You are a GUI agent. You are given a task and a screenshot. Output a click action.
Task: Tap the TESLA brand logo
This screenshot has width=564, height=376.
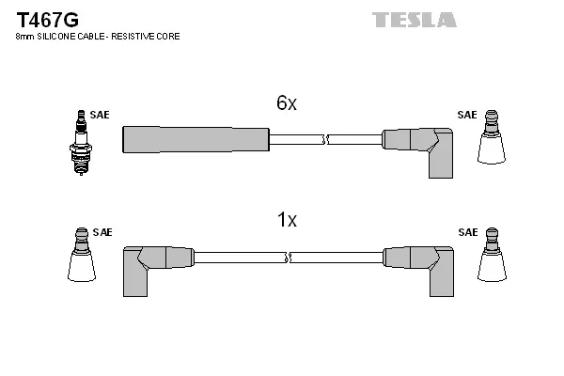[x=415, y=20]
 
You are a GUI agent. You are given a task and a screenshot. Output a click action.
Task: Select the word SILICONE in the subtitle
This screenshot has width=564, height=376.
[x=58, y=36]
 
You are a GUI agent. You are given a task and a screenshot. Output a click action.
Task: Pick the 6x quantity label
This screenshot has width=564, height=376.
[x=286, y=104]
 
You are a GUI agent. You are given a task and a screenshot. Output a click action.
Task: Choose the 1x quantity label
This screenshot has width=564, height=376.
[x=286, y=221]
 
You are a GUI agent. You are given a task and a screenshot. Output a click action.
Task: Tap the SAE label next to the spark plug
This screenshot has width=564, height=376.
[x=100, y=115]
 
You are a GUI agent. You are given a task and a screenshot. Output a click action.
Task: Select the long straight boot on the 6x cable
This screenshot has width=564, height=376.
[x=196, y=139]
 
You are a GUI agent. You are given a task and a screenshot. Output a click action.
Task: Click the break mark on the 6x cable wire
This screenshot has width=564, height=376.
[x=324, y=139]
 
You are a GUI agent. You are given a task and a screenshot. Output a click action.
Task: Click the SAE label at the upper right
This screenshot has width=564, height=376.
[x=466, y=115]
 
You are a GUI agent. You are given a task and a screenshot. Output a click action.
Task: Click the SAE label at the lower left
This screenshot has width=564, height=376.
[x=102, y=231]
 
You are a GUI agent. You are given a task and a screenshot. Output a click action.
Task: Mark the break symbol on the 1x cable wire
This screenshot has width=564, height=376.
[x=288, y=257]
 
